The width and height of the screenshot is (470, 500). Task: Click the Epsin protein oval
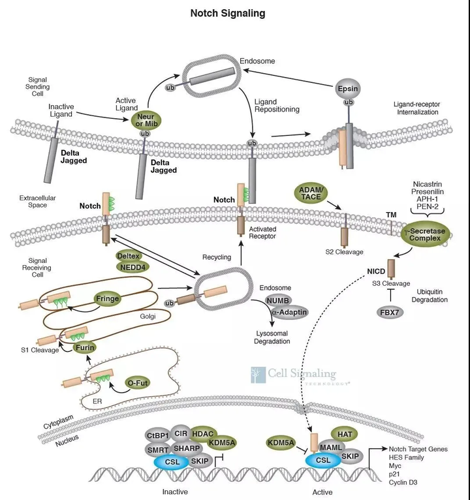349,88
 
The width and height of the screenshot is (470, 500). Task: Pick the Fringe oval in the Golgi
108,298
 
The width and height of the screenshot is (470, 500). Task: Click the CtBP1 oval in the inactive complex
158,435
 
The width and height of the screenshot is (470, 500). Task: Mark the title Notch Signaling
227,12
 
